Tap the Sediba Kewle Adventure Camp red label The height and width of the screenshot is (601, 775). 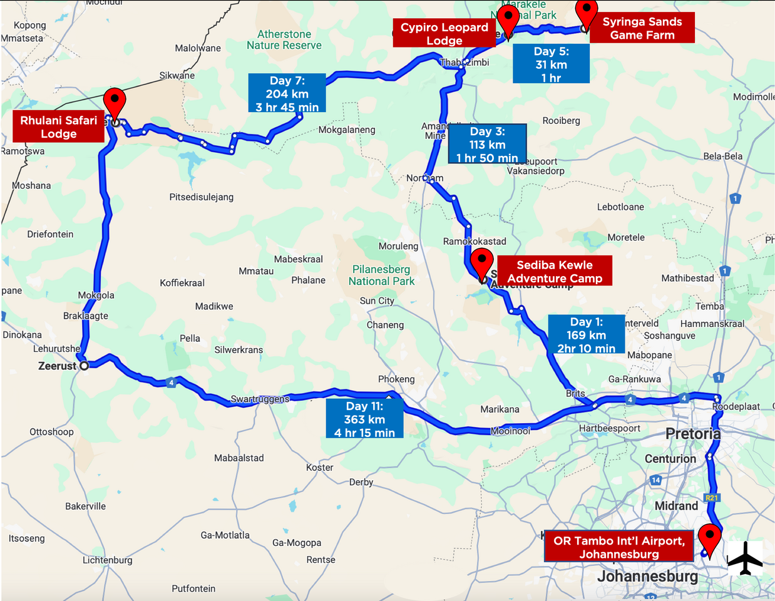pyautogui.click(x=554, y=271)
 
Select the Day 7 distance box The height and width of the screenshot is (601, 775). pyautogui.click(x=287, y=93)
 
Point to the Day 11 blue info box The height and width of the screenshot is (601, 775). pyautogui.click(x=364, y=419)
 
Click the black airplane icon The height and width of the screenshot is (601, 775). pyautogui.click(x=745, y=558)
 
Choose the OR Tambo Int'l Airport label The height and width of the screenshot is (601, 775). pyautogui.click(x=618, y=547)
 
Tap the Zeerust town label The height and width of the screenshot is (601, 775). pyautogui.click(x=57, y=366)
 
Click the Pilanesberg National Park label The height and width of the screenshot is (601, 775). pyautogui.click(x=381, y=275)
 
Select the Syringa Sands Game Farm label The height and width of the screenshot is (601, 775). pyautogui.click(x=642, y=28)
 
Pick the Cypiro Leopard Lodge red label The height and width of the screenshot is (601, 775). pyautogui.click(x=444, y=34)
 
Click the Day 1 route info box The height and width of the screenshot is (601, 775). pyautogui.click(x=586, y=334)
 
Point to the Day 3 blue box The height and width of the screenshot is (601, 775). pyautogui.click(x=487, y=144)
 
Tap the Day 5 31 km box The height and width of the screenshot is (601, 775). pyautogui.click(x=551, y=64)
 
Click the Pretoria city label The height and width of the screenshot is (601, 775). pyautogui.click(x=692, y=434)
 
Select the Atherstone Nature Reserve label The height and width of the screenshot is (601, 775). pyautogui.click(x=284, y=39)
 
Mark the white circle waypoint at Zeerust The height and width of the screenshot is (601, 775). pyautogui.click(x=84, y=365)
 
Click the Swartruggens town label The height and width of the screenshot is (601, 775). pyautogui.click(x=260, y=399)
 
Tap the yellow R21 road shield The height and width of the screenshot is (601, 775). pyautogui.click(x=711, y=498)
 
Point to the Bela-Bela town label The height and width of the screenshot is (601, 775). pyautogui.click(x=722, y=156)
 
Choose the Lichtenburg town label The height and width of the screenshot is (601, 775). pyautogui.click(x=107, y=560)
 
